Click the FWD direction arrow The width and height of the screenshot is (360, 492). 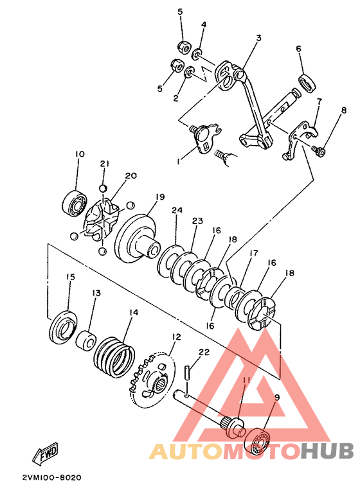[45, 453]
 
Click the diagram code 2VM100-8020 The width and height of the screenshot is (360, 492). [51, 478]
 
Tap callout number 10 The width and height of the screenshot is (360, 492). [80, 154]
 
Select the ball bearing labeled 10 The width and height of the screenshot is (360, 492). [74, 203]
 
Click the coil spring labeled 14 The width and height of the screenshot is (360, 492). [114, 356]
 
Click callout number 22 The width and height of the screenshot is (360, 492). [204, 352]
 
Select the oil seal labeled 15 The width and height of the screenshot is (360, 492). [63, 327]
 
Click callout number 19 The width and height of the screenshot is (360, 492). [160, 197]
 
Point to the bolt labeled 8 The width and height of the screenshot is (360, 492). [318, 150]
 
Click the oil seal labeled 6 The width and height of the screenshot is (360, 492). [307, 83]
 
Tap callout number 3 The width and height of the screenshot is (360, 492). [258, 38]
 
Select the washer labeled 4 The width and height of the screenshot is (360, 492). [197, 54]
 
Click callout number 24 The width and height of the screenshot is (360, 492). [177, 210]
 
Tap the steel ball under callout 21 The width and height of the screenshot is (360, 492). [103, 188]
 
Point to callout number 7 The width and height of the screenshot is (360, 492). [319, 101]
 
